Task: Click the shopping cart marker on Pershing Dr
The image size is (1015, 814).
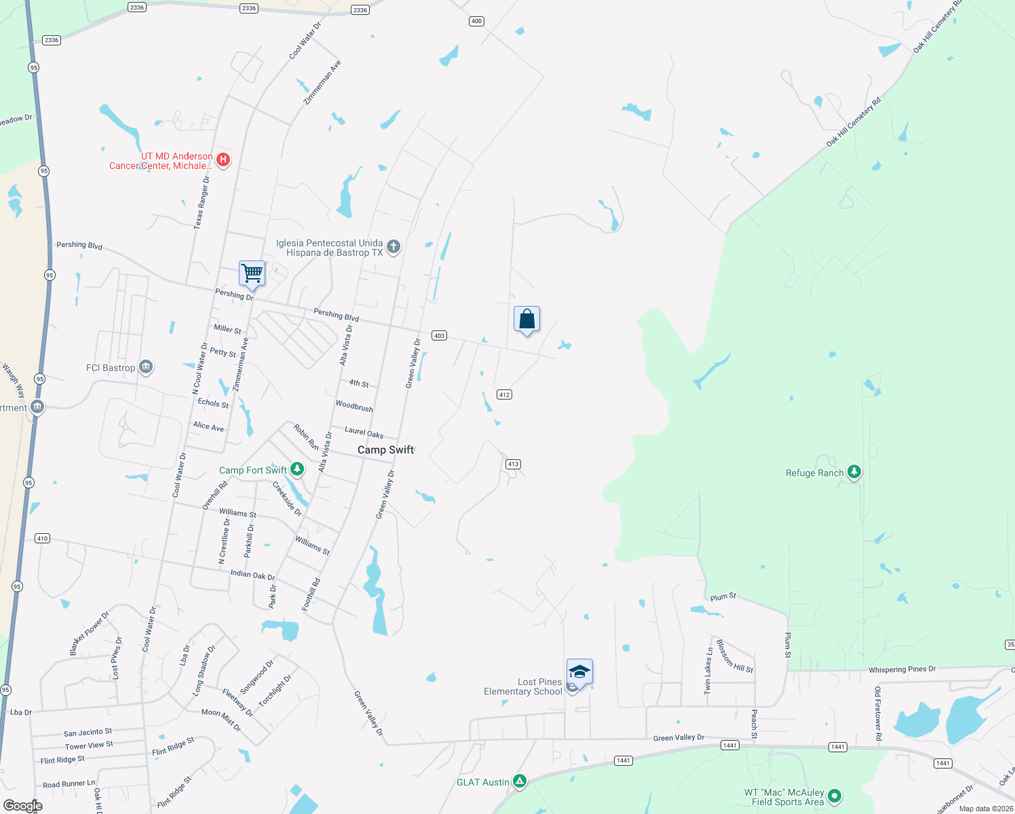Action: (x=252, y=273)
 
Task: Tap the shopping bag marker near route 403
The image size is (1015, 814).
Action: (x=526, y=319)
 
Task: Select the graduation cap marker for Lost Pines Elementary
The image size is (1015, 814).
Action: (x=579, y=672)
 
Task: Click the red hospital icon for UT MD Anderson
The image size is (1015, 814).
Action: (x=223, y=160)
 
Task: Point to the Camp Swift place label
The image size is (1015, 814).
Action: (x=385, y=450)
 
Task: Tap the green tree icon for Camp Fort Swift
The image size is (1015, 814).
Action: (x=296, y=469)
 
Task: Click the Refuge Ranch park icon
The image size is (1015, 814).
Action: (x=854, y=472)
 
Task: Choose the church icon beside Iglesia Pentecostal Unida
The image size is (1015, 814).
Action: (x=393, y=247)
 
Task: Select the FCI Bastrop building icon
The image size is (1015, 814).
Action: (x=145, y=367)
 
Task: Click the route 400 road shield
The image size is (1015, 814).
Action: (x=476, y=21)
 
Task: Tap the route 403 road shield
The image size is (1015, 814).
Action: (x=439, y=336)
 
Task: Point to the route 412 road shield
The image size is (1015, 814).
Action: (x=503, y=394)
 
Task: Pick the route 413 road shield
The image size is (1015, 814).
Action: (x=512, y=464)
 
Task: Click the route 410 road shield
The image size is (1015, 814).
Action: (x=42, y=538)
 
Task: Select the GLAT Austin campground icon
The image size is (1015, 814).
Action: (x=519, y=781)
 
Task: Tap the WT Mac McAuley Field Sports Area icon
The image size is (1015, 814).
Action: (x=835, y=796)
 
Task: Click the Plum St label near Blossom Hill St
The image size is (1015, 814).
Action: (x=723, y=597)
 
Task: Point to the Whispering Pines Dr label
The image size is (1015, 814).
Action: (x=902, y=670)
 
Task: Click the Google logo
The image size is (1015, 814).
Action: (x=23, y=805)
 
